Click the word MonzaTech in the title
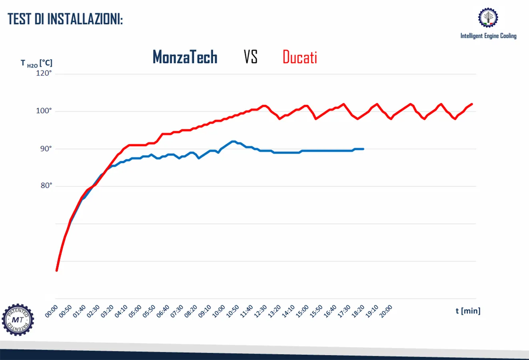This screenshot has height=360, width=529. (185, 57)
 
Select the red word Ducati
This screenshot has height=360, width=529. (299, 57)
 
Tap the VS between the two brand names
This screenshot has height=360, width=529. (250, 57)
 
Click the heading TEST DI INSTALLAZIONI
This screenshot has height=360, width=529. (65, 19)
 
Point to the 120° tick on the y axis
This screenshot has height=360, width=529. (44, 73)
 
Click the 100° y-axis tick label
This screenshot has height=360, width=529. (44, 111)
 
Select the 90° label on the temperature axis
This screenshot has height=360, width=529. (46, 149)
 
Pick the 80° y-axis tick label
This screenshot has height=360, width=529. (46, 186)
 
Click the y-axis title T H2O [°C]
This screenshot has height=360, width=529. (36, 63)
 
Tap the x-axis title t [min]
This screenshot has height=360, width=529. (468, 311)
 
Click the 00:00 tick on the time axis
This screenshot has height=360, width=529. (52, 311)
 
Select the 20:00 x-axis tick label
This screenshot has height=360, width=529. (386, 311)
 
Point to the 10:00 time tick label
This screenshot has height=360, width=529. (219, 311)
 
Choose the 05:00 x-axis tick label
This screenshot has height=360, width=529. (135, 311)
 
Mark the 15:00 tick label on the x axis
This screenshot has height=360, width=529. (302, 311)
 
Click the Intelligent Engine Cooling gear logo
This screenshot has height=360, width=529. (488, 17)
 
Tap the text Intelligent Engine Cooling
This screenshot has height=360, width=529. (488, 36)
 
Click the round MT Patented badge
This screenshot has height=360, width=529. (18, 320)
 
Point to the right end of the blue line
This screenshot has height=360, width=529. (363, 149)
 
